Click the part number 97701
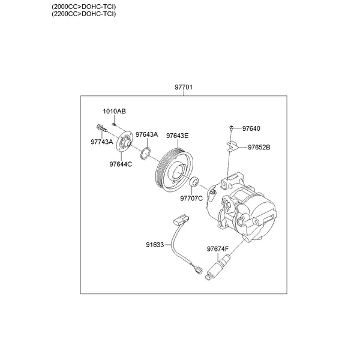tap(183, 87)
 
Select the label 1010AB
tap(114, 112)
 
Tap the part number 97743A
tap(101, 142)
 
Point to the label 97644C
tap(121, 163)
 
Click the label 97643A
tap(146, 135)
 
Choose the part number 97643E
tap(177, 135)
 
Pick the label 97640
tap(251, 128)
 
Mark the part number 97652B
tap(259, 147)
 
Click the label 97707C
tap(191, 198)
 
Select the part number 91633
tap(154, 245)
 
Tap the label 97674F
tap(218, 248)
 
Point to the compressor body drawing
tap(246, 204)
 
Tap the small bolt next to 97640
tap(231, 128)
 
